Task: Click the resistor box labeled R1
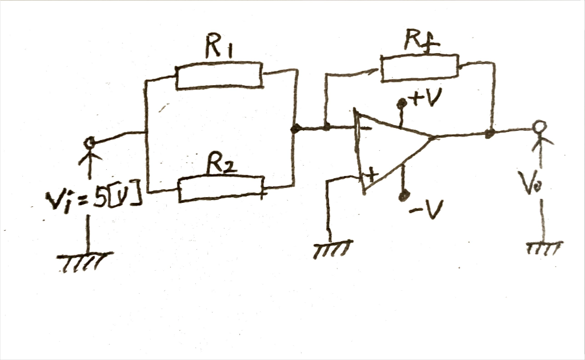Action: coord(219,77)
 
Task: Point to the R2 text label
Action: coord(221,166)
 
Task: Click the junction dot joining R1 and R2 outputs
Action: coord(295,130)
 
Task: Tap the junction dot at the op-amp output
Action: coord(489,134)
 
